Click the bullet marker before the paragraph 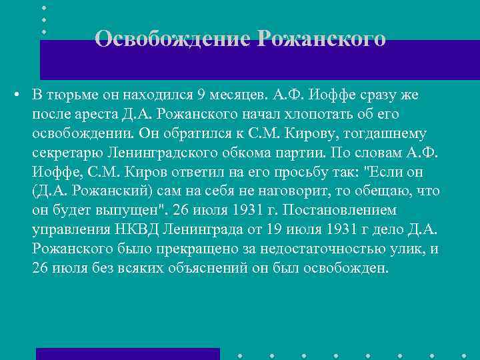tap(15, 95)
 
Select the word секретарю tap(65, 153)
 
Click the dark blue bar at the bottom tap(127, 353)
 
